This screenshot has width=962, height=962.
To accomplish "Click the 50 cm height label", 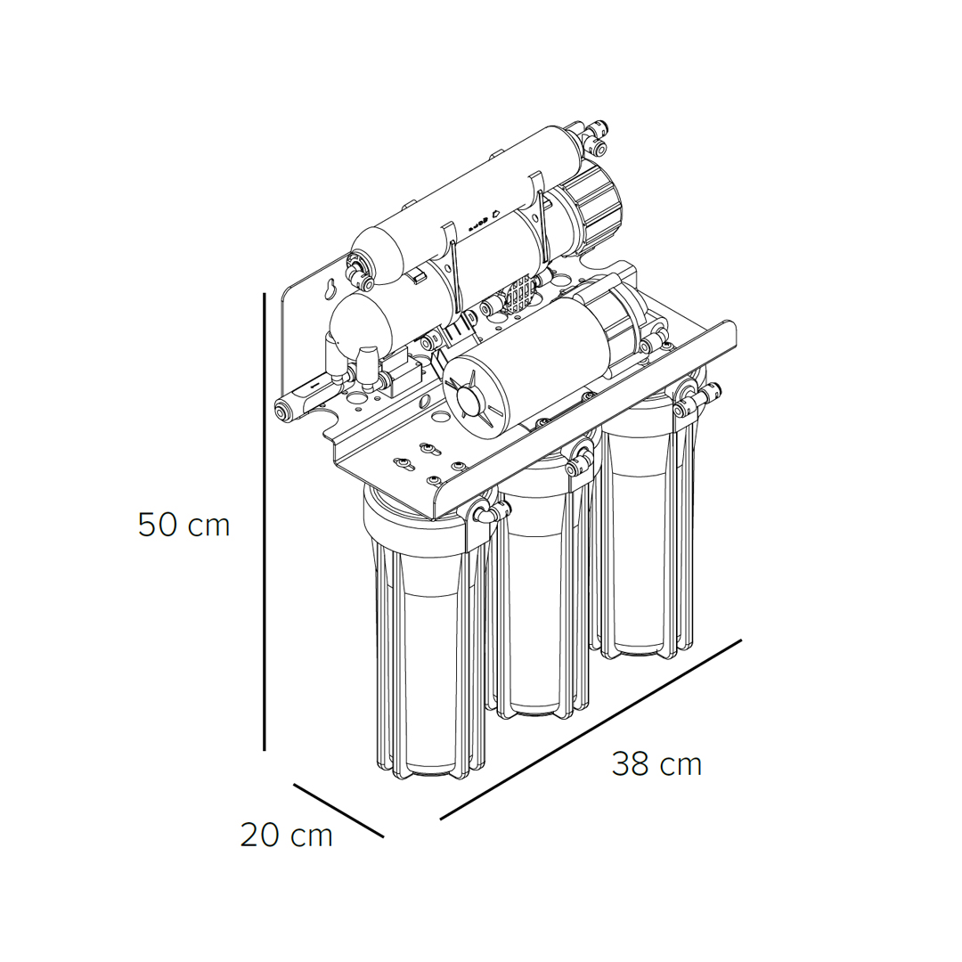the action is pyautogui.click(x=183, y=526).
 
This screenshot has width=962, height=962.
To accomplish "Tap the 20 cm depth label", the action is pyautogui.click(x=286, y=835).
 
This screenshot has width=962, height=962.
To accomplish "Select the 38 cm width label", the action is pyautogui.click(x=656, y=764).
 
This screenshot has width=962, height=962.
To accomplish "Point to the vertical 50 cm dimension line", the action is pyautogui.click(x=264, y=521).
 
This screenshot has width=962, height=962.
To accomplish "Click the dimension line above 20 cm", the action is pyautogui.click(x=338, y=810).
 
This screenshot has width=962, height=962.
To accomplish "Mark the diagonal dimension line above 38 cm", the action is pyautogui.click(x=591, y=729).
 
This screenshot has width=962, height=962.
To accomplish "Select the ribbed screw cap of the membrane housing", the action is pyautogui.click(x=594, y=205).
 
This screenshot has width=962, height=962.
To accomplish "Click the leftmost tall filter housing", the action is pyautogui.click(x=427, y=632).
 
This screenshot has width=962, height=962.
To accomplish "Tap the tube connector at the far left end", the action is pyautogui.click(x=285, y=410).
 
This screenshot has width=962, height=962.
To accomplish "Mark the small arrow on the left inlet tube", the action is pyautogui.click(x=314, y=387).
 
